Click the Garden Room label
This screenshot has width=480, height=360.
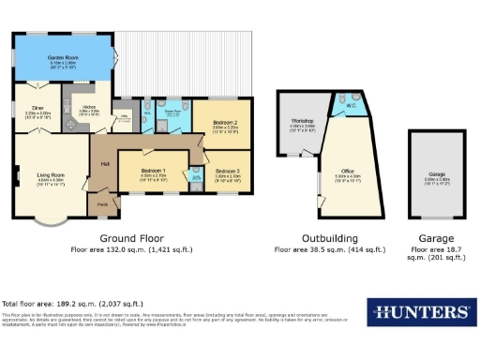[x=63, y=58]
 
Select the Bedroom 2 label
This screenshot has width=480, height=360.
[x=223, y=123]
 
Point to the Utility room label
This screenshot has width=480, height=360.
[x=122, y=117]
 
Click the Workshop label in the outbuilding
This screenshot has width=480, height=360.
[x=301, y=121]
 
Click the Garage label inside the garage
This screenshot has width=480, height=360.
[x=437, y=174]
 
